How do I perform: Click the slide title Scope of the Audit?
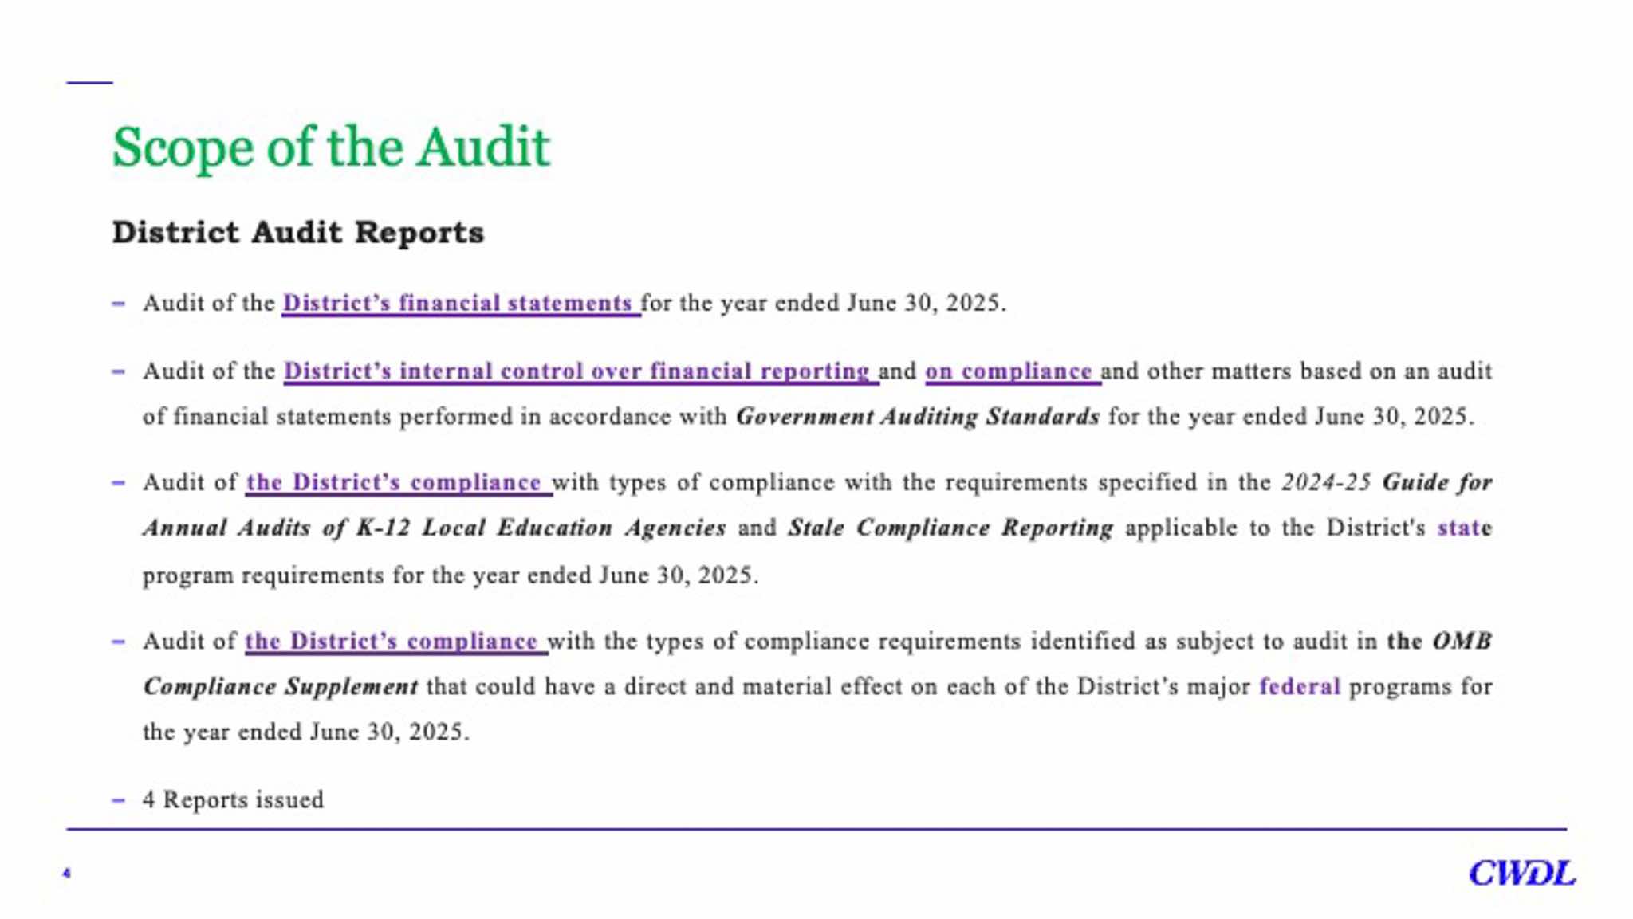pyautogui.click(x=331, y=147)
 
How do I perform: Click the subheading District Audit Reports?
pyautogui.click(x=297, y=233)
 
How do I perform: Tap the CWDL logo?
pyautogui.click(x=1521, y=874)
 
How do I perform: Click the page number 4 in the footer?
pyautogui.click(x=66, y=874)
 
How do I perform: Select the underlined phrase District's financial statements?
pyautogui.click(x=458, y=304)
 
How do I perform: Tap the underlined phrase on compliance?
pyautogui.click(x=1009, y=371)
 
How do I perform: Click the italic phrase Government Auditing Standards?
pyautogui.click(x=917, y=417)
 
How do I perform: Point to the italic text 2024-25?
pyautogui.click(x=1326, y=483)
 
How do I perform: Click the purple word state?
pyautogui.click(x=1464, y=528)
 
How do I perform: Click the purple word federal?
pyautogui.click(x=1300, y=687)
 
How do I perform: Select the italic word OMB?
pyautogui.click(x=1462, y=642)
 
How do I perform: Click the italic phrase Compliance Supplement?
pyautogui.click(x=280, y=687)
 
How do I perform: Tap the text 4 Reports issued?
pyautogui.click(x=233, y=800)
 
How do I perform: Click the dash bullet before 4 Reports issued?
pyautogui.click(x=118, y=800)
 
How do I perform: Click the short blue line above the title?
pyautogui.click(x=90, y=82)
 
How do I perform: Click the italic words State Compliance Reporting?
pyautogui.click(x=950, y=528)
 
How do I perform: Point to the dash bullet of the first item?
pyautogui.click(x=118, y=304)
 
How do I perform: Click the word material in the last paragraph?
pyautogui.click(x=782, y=687)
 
